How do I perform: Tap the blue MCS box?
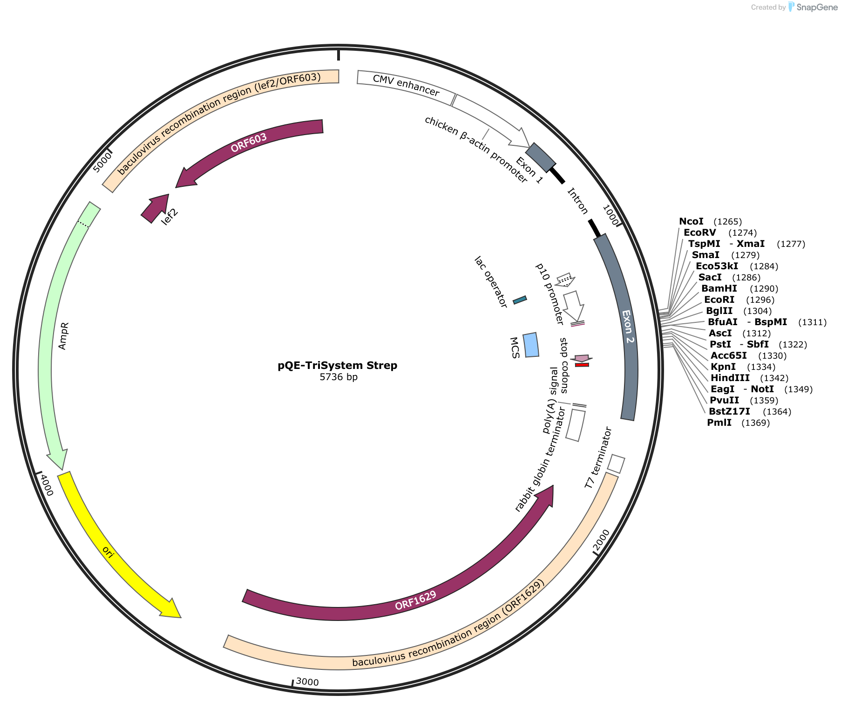[531, 345]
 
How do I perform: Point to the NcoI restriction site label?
[692, 221]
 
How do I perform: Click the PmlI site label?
[719, 423]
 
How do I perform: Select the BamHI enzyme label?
[719, 288]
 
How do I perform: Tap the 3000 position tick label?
[307, 682]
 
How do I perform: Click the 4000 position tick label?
[47, 485]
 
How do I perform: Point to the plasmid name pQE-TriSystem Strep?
[338, 365]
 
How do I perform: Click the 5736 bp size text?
[339, 377]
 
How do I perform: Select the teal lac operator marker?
[520, 300]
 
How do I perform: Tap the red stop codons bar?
[582, 365]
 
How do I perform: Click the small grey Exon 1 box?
[541, 157]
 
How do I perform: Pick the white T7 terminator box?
[616, 464]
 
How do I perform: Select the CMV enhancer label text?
[406, 85]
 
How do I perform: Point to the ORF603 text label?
[249, 143]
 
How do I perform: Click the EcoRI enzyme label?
[719, 300]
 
